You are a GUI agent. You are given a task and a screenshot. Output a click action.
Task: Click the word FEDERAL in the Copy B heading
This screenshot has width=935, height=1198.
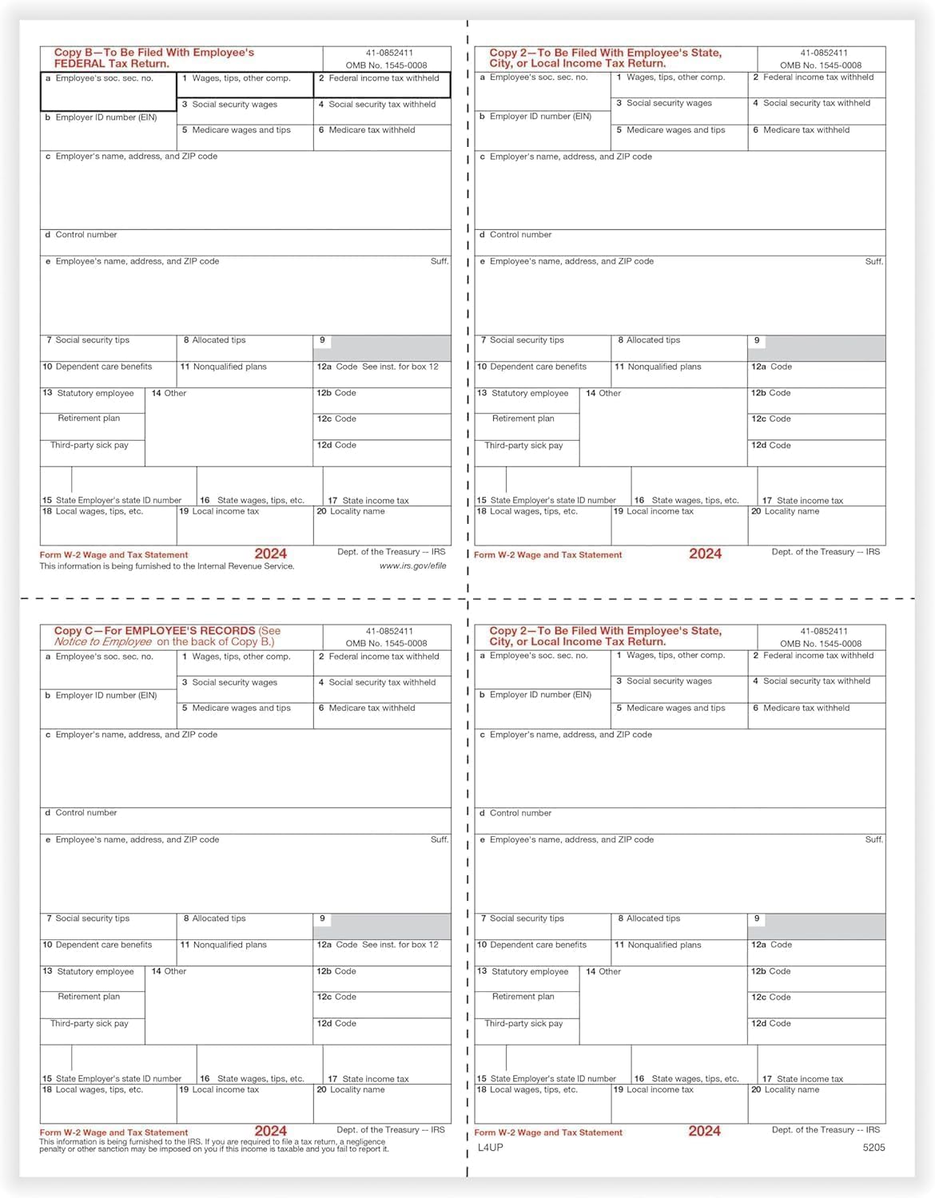(80, 64)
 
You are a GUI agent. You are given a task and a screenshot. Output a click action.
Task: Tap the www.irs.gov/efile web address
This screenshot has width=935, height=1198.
(412, 566)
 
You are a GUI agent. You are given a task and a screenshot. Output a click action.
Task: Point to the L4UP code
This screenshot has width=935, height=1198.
(491, 1148)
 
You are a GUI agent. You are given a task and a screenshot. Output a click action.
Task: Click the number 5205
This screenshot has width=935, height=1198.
(873, 1148)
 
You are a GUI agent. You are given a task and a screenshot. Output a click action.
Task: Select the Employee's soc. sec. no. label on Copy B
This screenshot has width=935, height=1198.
(104, 78)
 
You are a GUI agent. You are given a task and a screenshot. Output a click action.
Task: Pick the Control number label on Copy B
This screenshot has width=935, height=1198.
(86, 235)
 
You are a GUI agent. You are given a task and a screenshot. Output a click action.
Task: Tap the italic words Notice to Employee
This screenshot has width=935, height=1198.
(103, 642)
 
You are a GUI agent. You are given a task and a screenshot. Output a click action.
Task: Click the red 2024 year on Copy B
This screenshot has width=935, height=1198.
(270, 553)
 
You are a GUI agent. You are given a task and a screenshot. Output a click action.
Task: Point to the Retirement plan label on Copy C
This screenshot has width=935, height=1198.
(89, 997)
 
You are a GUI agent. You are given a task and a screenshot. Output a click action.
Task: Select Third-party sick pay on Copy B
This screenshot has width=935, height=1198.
(89, 445)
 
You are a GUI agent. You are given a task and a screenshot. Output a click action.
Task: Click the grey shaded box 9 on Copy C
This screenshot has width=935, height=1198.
(390, 926)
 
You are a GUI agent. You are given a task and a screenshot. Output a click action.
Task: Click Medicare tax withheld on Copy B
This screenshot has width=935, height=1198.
(372, 130)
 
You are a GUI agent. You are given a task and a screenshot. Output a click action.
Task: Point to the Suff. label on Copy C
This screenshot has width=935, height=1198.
(440, 839)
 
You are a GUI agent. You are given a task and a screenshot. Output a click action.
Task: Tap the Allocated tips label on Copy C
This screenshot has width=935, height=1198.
(219, 918)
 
